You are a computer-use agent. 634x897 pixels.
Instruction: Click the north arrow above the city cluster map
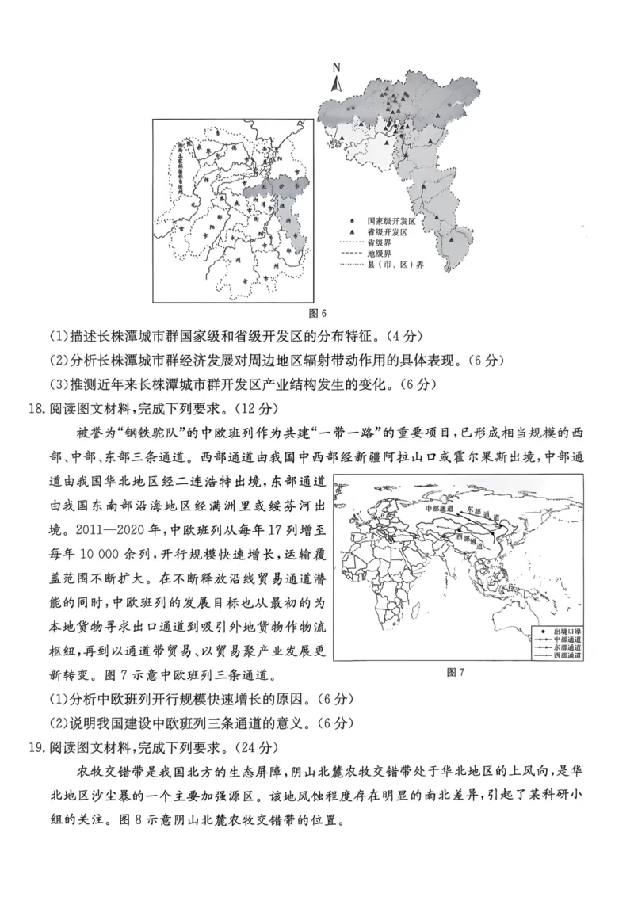tap(336, 77)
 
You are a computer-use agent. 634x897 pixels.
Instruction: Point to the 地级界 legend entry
tap(379, 254)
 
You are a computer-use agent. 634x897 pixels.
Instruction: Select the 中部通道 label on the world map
tap(441, 508)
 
